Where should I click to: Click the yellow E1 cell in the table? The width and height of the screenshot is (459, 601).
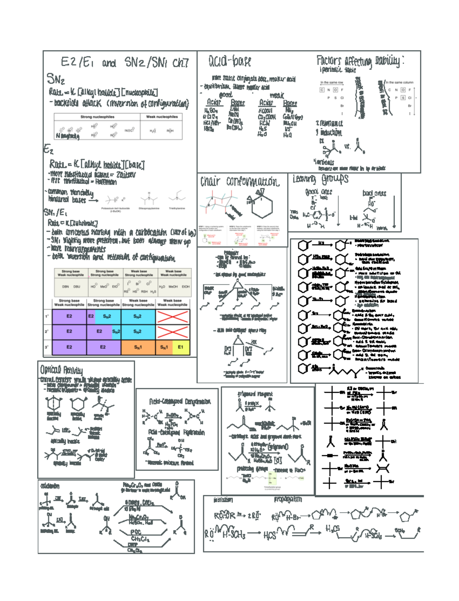point(181,347)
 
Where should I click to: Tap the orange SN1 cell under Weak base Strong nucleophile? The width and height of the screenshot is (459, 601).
point(138,347)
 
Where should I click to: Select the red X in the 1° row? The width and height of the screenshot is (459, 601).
point(173,317)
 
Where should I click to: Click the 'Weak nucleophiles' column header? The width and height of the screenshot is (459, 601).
point(161,117)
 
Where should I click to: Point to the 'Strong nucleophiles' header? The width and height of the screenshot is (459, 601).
point(97,117)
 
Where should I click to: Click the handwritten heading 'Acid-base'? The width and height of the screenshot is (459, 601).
point(229,61)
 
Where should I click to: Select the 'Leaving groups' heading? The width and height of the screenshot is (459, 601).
point(321,179)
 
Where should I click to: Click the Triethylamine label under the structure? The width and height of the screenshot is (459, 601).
point(177,209)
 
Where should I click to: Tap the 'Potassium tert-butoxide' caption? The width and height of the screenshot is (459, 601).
point(115,209)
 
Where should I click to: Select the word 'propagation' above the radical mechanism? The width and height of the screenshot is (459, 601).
point(288,500)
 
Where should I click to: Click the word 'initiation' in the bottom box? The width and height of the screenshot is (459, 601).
point(223,500)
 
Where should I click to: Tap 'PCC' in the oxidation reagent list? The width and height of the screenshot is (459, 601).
point(136,532)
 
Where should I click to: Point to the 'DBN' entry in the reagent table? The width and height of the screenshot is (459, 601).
point(65,286)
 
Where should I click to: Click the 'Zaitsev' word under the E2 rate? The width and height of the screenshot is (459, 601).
point(126,175)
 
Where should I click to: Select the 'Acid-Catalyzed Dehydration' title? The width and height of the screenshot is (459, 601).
point(180,402)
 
